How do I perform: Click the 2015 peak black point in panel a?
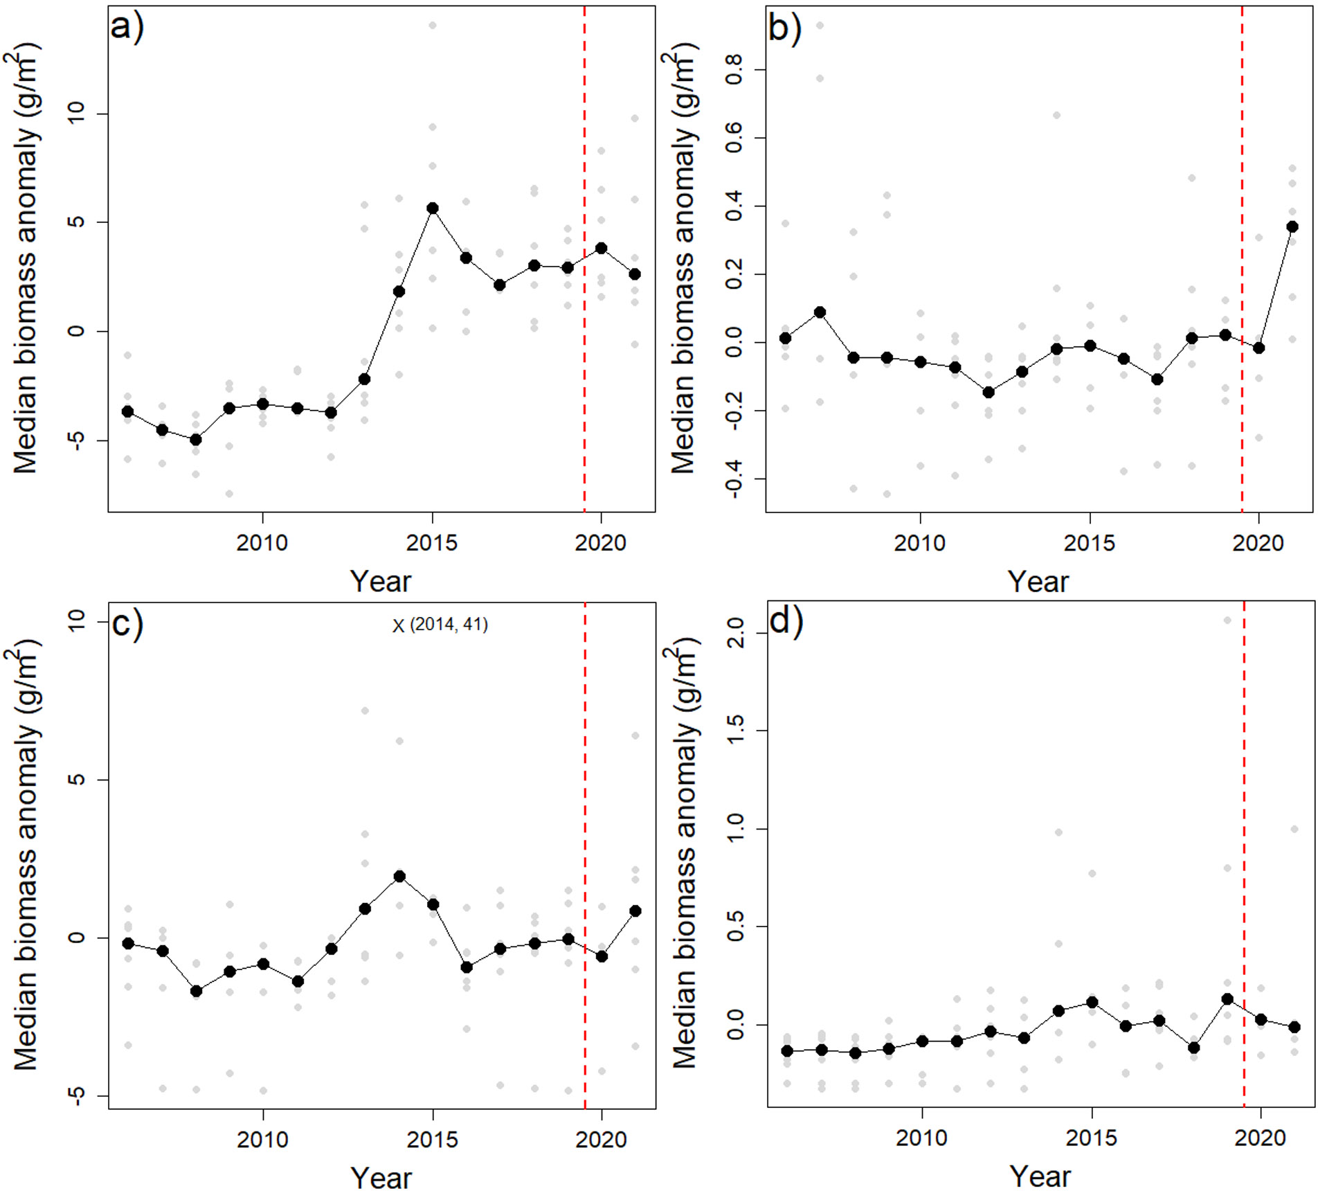(433, 208)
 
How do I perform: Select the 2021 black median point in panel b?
(1292, 226)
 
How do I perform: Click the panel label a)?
(127, 28)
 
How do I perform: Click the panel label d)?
(786, 621)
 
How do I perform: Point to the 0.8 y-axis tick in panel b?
(735, 69)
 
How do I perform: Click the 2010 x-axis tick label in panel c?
(262, 1139)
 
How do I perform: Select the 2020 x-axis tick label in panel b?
(1258, 543)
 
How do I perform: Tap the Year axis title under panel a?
(380, 581)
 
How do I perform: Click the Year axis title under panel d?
(1040, 1176)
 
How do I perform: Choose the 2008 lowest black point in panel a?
(196, 440)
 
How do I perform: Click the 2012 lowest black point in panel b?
(988, 393)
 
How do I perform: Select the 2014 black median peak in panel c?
(399, 877)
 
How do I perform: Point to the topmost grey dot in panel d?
(1227, 620)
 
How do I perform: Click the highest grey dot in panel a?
(433, 26)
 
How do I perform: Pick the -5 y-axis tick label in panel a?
(76, 440)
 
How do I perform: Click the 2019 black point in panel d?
(1227, 999)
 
